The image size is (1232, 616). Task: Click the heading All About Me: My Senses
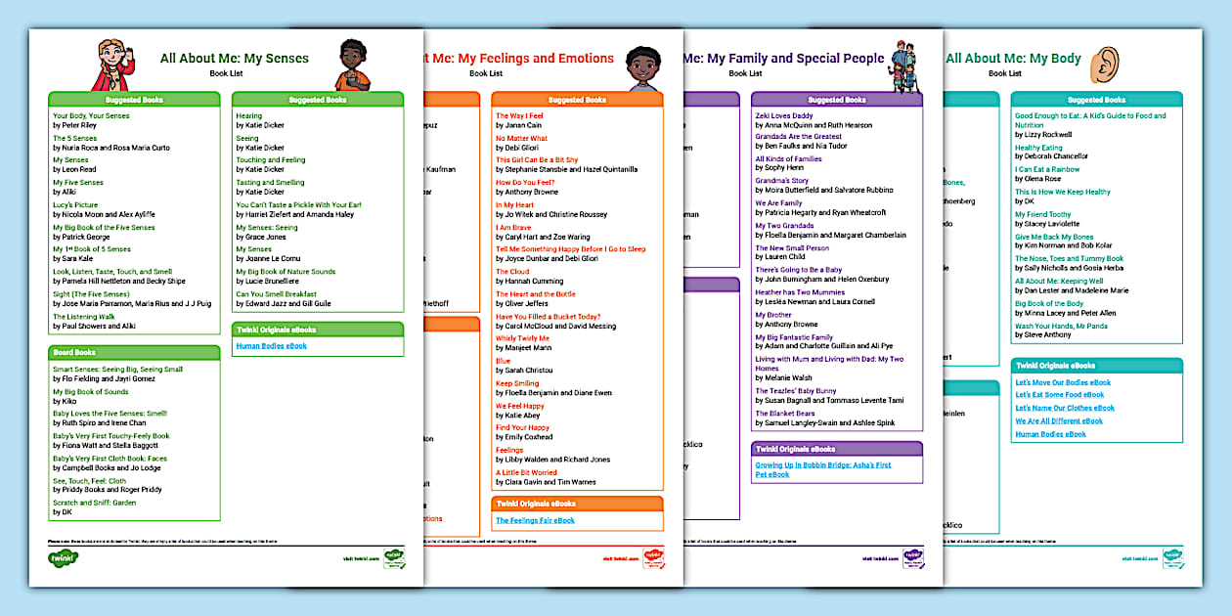click(x=234, y=59)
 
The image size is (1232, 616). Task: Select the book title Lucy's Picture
click(x=75, y=204)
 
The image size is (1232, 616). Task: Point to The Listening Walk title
click(x=84, y=317)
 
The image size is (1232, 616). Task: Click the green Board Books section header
click(x=135, y=352)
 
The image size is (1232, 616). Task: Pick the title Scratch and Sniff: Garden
click(x=94, y=503)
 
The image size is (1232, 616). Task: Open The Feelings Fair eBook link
click(x=535, y=520)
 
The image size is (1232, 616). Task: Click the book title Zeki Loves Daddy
click(x=783, y=115)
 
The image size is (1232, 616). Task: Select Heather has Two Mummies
click(x=800, y=292)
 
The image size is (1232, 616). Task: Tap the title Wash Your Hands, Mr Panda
click(x=1061, y=326)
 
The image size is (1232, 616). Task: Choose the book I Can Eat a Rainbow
click(x=1047, y=169)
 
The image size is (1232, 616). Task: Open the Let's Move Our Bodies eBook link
click(x=1063, y=382)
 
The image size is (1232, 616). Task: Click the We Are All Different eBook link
click(x=1059, y=421)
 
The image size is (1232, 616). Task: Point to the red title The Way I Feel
click(x=518, y=115)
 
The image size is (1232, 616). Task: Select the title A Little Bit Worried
click(x=526, y=472)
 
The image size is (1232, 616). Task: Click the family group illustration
click(x=903, y=66)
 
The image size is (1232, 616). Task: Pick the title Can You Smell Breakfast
click(x=276, y=294)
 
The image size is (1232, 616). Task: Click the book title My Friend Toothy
click(x=1042, y=214)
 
